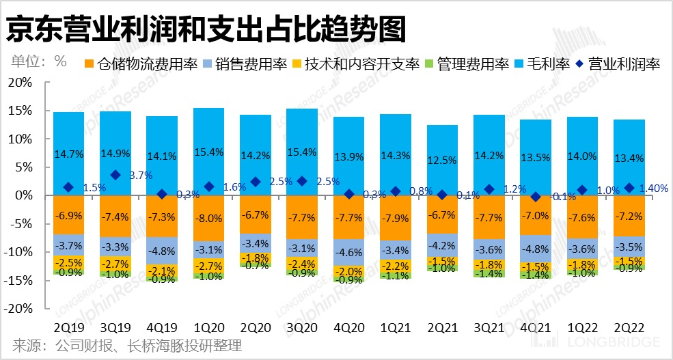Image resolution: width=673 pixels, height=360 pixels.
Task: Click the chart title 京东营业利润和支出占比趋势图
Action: (206, 29)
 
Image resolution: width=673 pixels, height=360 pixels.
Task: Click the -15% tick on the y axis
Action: (21, 280)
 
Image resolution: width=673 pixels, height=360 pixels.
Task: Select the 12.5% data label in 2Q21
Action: (442, 161)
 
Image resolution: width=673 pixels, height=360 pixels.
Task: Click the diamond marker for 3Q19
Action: (115, 176)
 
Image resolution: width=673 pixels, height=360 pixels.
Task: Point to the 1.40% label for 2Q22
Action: (653, 189)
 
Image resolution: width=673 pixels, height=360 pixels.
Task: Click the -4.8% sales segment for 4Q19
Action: (162, 250)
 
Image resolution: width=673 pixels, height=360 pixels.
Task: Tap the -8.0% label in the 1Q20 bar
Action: (208, 219)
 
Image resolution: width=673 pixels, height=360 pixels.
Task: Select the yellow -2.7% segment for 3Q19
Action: (115, 264)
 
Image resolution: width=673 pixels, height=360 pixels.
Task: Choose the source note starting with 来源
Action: (127, 346)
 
